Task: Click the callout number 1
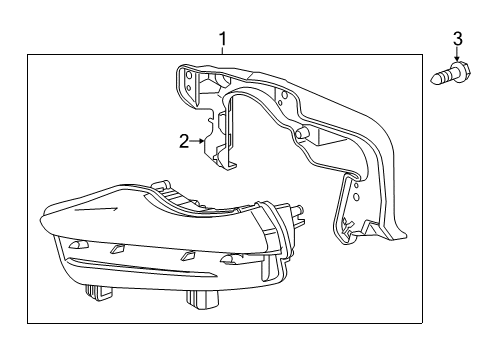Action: [223, 40]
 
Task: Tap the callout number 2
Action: [183, 141]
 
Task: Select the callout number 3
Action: [457, 39]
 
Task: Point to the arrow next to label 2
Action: [200, 142]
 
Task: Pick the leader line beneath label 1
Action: [223, 55]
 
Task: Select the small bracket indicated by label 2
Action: [220, 140]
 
